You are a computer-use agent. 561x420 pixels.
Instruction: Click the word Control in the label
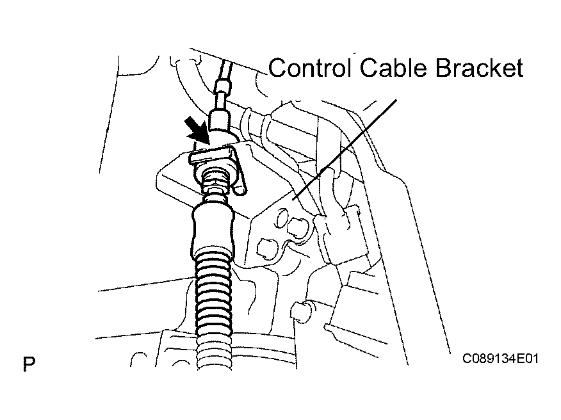(x=309, y=67)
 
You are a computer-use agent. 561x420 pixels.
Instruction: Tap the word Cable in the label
(x=393, y=67)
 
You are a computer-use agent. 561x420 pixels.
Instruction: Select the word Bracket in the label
(x=480, y=67)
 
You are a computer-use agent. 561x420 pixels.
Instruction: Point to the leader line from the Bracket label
(x=345, y=149)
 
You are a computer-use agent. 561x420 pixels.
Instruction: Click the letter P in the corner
(x=29, y=364)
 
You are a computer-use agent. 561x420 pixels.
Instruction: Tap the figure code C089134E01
(x=500, y=358)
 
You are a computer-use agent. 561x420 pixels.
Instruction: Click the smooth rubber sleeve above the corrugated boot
(x=213, y=225)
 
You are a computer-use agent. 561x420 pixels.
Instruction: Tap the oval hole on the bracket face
(x=282, y=218)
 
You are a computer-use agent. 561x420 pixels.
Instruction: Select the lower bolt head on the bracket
(x=266, y=248)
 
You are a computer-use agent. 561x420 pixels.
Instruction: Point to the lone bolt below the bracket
(x=300, y=310)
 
